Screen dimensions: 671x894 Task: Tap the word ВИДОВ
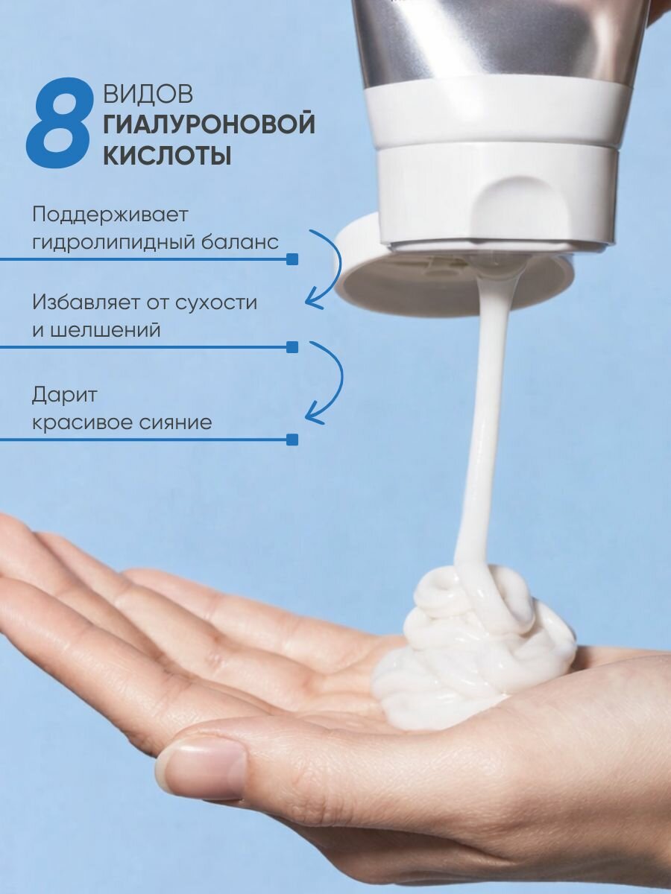click(x=148, y=95)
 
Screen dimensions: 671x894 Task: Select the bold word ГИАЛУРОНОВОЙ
click(x=210, y=124)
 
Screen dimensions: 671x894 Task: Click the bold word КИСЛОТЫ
click(x=168, y=155)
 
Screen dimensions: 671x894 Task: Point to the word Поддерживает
click(x=110, y=215)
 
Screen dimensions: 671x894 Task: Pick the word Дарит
click(x=64, y=396)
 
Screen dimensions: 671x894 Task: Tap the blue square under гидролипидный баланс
click(x=292, y=259)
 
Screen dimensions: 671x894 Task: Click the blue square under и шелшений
click(x=292, y=347)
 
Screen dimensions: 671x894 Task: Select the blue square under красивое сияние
click(x=292, y=440)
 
